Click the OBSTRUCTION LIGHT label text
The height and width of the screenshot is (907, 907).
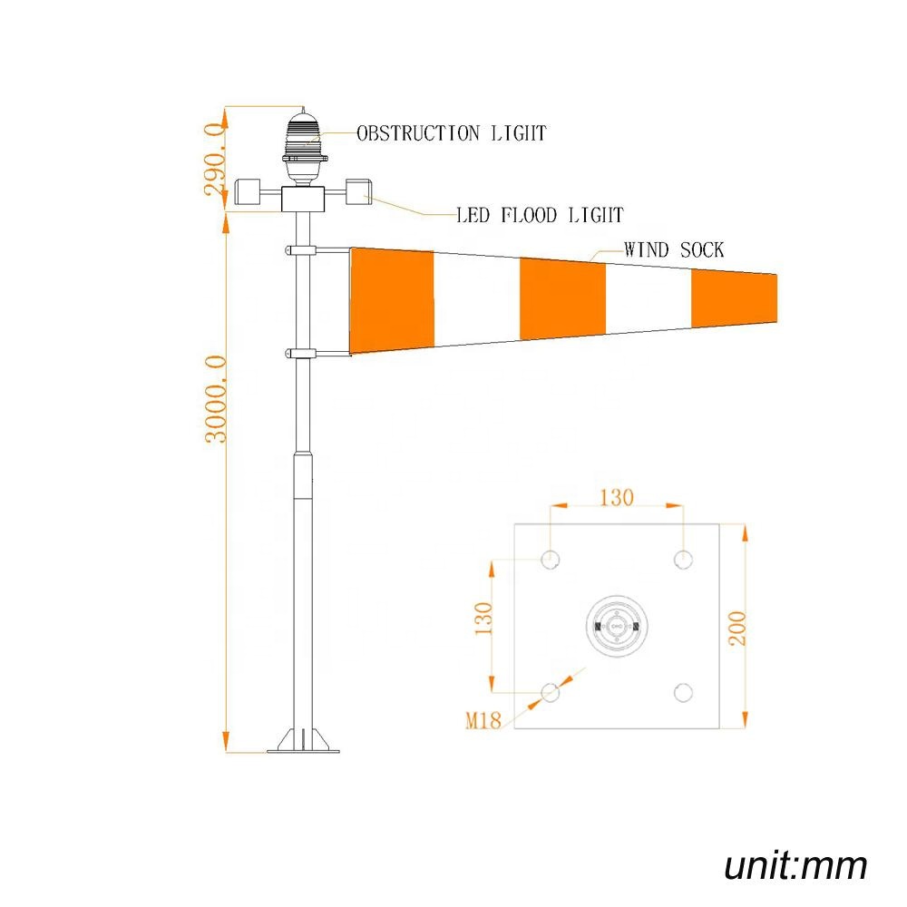452,133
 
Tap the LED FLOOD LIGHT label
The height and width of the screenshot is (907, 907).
539,215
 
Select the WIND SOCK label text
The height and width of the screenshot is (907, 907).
673,249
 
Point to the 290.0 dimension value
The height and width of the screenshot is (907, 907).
214,160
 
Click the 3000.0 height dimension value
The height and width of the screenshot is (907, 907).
215,399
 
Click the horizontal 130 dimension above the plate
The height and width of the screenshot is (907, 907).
616,497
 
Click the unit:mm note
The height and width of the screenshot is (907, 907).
795,865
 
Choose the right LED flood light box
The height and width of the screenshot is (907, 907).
357,190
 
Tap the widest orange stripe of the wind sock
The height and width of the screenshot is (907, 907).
392,299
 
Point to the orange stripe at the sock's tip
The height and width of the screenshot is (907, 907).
734,297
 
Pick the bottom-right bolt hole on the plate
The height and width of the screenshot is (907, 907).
683,693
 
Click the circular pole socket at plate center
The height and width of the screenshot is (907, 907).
616,626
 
